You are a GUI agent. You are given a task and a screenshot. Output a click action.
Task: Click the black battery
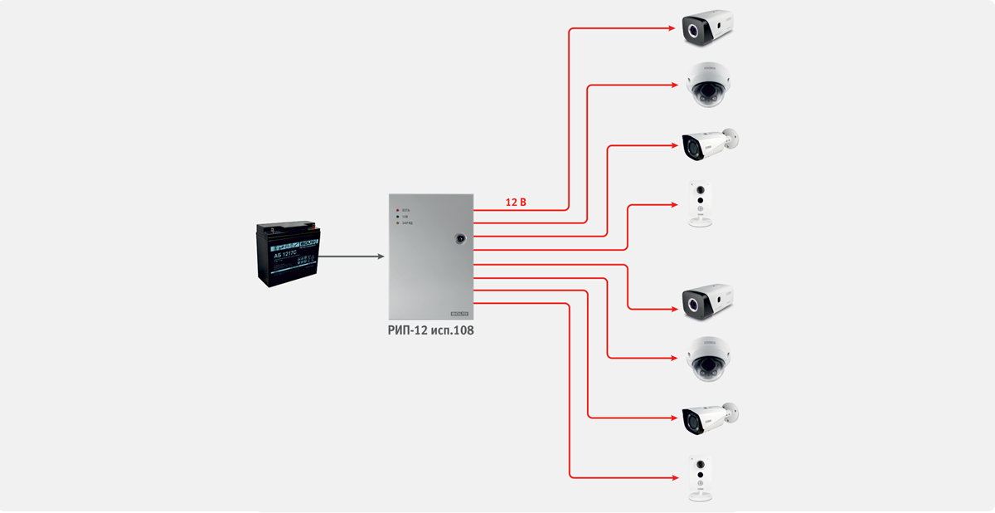[x=286, y=256]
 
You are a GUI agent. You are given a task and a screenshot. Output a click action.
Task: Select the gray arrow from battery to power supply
[x=352, y=256]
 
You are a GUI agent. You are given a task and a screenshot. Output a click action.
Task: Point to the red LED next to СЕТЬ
[x=396, y=210]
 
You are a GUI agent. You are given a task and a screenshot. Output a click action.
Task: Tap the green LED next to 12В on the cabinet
[x=396, y=217]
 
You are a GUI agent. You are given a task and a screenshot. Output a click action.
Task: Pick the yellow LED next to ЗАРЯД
[x=396, y=224]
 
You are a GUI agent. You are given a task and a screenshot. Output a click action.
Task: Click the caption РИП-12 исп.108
[x=431, y=330]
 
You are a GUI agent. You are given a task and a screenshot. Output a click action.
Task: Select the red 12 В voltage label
[x=516, y=203]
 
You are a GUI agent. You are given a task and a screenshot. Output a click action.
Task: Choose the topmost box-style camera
[x=706, y=27]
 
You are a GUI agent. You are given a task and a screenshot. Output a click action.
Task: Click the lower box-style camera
[x=706, y=302]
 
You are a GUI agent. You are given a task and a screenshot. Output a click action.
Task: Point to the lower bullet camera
[x=708, y=418]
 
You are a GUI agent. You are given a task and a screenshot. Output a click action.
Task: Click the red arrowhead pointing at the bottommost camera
[x=672, y=477]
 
